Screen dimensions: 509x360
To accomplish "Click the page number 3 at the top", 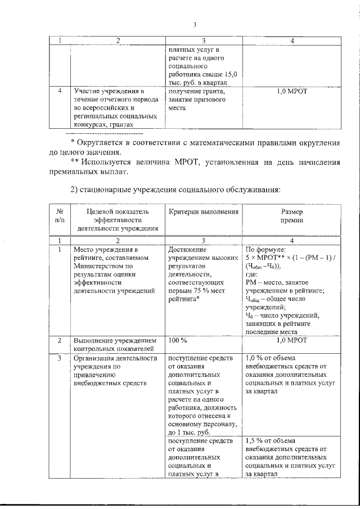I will (x=194, y=25).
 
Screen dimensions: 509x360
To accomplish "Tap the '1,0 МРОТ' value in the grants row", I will (x=292, y=91).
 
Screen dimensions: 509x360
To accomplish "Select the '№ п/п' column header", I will (x=60, y=217).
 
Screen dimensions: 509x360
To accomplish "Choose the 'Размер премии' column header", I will (x=292, y=217).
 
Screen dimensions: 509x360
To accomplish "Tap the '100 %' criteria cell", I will (x=178, y=341).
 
